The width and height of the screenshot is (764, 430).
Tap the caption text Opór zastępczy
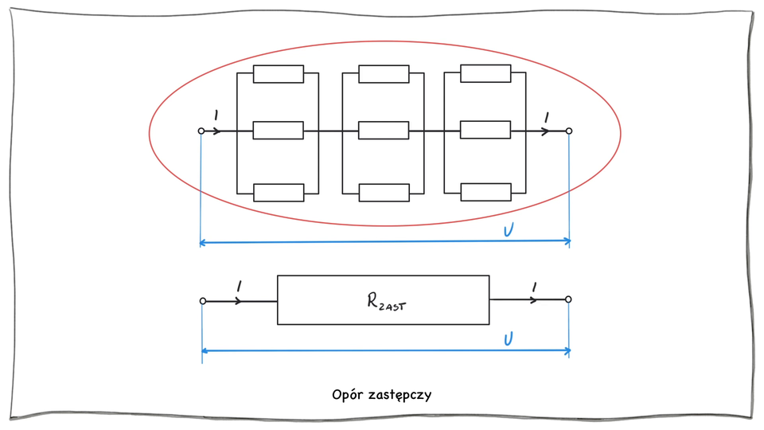(382, 394)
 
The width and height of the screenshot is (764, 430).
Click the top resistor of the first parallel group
(279, 74)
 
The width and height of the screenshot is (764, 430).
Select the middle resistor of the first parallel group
(279, 131)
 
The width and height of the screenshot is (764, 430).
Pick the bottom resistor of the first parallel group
(279, 192)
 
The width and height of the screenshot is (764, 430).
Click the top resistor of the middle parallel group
(384, 74)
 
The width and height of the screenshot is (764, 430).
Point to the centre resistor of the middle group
(384, 131)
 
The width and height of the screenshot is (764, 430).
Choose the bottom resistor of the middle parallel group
(384, 192)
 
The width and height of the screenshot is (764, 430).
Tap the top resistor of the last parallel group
(485, 73)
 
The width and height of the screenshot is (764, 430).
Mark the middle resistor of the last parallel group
(485, 130)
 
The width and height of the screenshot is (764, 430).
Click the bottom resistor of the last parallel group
(485, 192)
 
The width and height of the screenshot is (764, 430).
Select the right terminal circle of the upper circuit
(568, 131)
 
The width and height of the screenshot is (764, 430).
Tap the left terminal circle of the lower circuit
(203, 301)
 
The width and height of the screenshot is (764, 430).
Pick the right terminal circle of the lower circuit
(568, 299)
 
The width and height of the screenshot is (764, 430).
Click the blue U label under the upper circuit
(509, 231)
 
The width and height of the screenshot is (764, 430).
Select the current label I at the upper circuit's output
(546, 117)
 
